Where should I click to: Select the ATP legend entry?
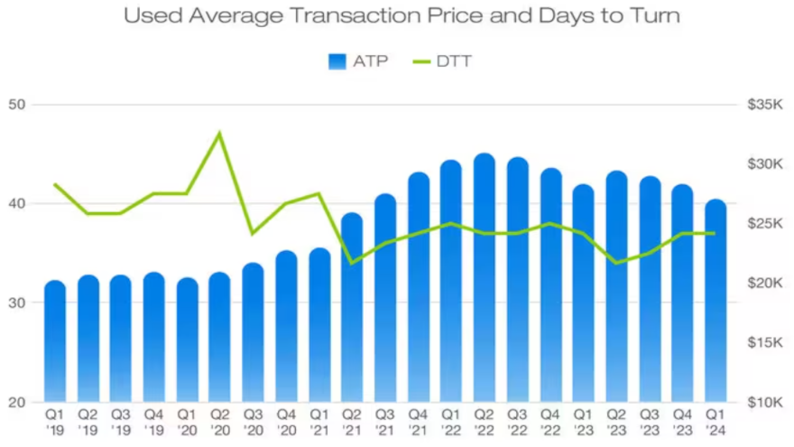click(x=358, y=61)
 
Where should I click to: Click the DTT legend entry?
click(x=442, y=61)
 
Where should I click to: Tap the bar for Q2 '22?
click(x=485, y=280)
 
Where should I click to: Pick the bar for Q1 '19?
click(x=55, y=343)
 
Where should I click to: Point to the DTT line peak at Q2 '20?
click(x=219, y=134)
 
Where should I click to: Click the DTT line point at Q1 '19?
click(x=55, y=184)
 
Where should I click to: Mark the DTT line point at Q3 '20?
click(x=253, y=233)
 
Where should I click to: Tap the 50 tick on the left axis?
click(x=18, y=105)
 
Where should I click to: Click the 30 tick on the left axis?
click(x=18, y=303)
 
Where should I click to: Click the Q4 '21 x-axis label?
click(x=419, y=422)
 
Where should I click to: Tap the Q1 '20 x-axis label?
click(x=187, y=422)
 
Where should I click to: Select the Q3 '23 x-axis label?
click(x=649, y=422)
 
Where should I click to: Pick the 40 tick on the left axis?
click(x=18, y=204)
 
